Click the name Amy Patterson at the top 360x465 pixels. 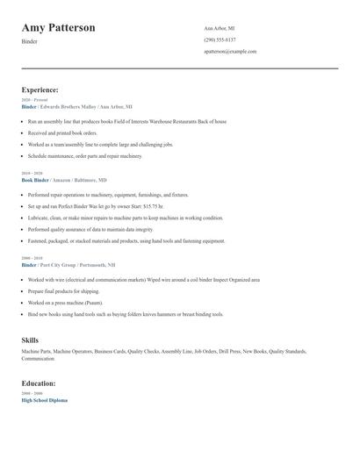[x=59, y=28]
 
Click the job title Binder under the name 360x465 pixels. [x=30, y=41]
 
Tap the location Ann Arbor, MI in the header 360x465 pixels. [x=220, y=28]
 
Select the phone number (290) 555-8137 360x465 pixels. [x=220, y=39]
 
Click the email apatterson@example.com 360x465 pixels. [x=230, y=51]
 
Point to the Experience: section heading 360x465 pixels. [x=40, y=89]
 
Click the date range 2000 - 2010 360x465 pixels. [x=32, y=259]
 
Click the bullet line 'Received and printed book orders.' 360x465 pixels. [x=64, y=132]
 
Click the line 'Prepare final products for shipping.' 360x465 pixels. [x=64, y=291]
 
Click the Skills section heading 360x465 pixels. [x=30, y=339]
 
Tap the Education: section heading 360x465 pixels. [x=39, y=383]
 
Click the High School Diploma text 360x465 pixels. [x=44, y=400]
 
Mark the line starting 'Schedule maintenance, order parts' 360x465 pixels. [x=84, y=155]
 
